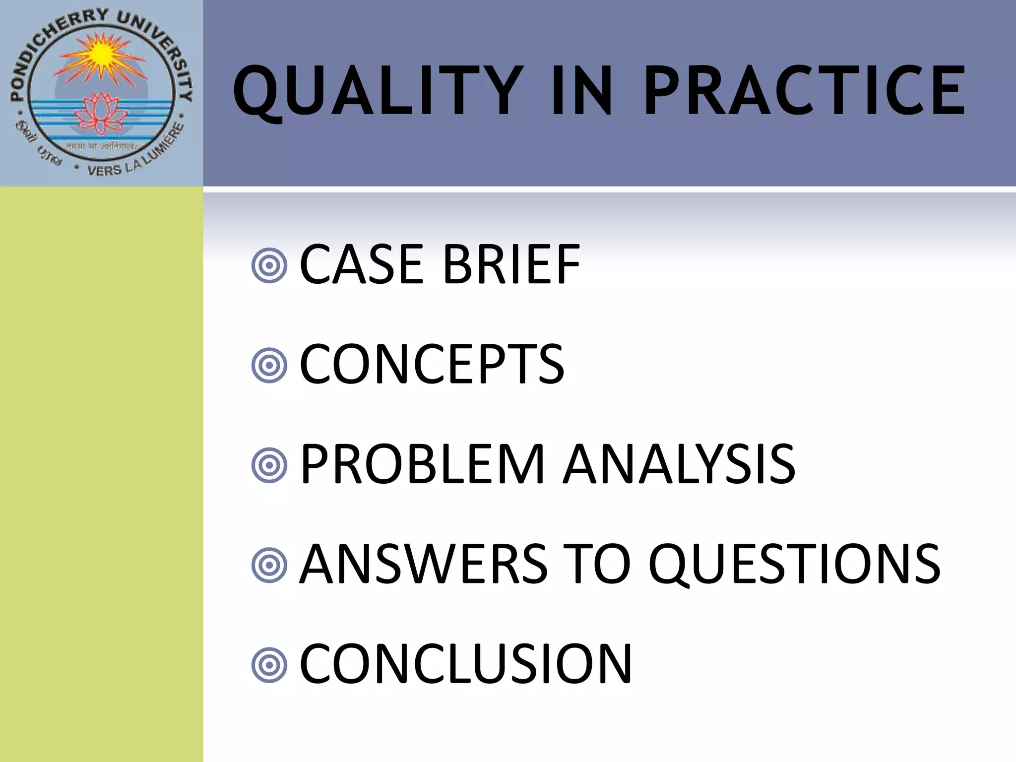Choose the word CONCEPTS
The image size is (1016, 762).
point(432,365)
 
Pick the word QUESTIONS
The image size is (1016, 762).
point(794,564)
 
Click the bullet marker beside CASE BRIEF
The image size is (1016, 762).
point(269,266)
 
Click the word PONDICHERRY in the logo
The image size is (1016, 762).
point(47,50)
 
